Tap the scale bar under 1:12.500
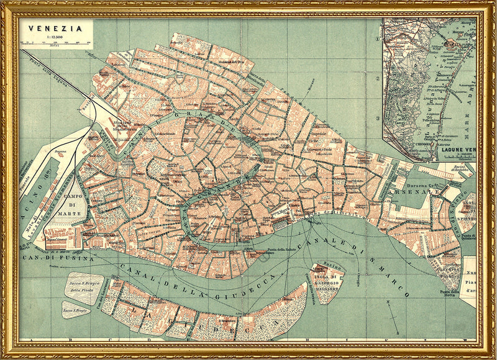tap(52, 43)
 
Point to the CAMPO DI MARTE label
tap(79, 205)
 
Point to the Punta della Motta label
tap(447, 294)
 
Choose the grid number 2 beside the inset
tap(377, 79)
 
